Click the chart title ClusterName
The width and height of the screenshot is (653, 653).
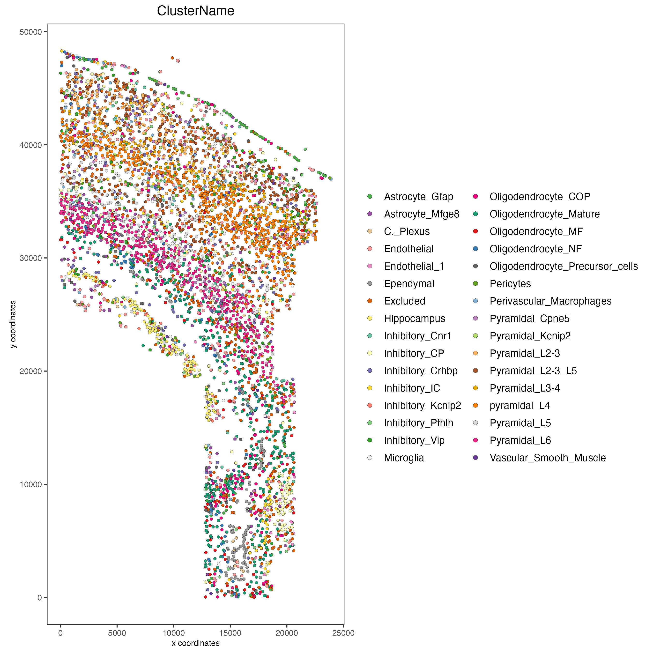195,11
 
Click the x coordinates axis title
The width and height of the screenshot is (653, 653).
195,643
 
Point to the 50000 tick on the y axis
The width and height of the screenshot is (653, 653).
31,32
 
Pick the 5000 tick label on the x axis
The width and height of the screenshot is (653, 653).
117,633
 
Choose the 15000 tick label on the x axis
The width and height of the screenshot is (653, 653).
230,633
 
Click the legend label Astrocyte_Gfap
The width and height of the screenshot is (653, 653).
418,197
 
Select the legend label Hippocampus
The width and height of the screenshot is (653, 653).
414,319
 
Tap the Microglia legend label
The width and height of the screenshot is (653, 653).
404,458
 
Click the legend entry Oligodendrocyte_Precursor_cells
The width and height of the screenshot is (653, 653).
564,266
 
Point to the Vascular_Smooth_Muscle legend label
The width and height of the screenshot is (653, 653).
548,458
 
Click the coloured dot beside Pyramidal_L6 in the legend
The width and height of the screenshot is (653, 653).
475,440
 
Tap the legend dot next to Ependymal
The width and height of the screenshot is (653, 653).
370,284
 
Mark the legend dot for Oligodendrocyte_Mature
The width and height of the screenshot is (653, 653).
475,214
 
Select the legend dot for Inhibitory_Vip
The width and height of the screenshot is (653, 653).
370,440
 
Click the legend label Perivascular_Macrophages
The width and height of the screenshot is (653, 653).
550,301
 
